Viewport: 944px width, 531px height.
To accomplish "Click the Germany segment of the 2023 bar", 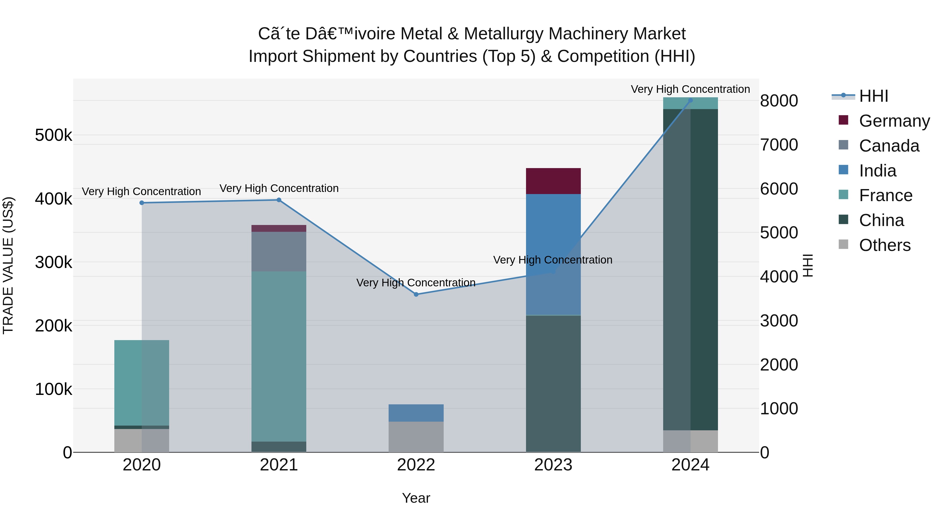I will point(553,181).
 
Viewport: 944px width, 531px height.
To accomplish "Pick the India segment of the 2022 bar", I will point(416,413).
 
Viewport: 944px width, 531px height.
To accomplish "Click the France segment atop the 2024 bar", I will point(690,104).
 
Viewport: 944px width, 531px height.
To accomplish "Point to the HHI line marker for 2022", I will point(416,294).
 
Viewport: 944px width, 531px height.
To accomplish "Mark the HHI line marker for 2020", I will point(142,203).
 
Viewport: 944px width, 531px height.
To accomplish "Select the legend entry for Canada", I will point(889,146).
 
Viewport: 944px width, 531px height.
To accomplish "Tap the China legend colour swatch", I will point(843,219).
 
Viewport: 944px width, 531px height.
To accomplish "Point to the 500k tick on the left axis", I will point(53,135).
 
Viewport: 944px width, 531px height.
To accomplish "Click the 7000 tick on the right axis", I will point(779,145).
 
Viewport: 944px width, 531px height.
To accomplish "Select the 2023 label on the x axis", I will point(553,465).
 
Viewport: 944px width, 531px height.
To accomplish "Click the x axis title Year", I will point(416,498).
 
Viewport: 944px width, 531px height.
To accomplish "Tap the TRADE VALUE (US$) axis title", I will point(8,265).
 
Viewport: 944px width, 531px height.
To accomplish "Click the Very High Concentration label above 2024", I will point(690,89).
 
